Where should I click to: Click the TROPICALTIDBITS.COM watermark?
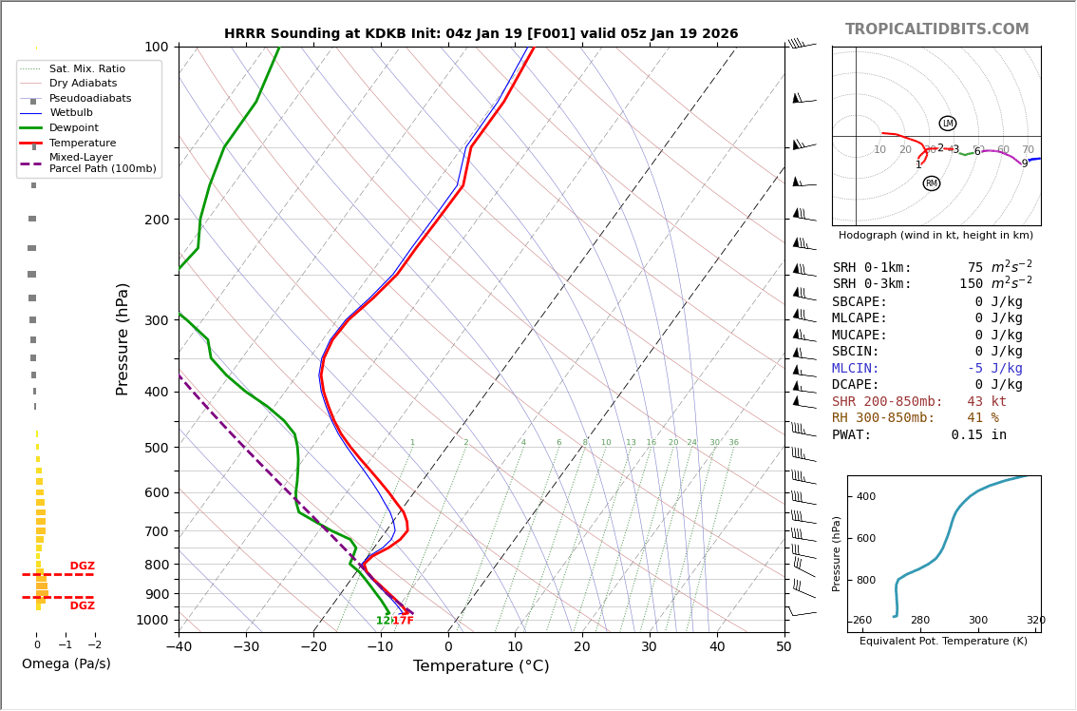(936, 29)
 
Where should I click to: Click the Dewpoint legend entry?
(73, 128)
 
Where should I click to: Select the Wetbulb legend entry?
(70, 113)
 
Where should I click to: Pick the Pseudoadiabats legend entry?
(90, 99)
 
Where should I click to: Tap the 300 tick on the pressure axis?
(156, 320)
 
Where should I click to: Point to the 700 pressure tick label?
(156, 531)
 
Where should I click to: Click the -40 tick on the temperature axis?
(179, 647)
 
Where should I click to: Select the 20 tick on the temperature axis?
(582, 647)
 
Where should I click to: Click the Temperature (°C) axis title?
(481, 666)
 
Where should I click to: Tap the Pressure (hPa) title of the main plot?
(123, 338)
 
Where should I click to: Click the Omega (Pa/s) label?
(66, 664)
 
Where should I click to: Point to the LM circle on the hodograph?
(947, 124)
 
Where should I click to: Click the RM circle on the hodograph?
(931, 183)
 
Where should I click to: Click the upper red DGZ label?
(82, 567)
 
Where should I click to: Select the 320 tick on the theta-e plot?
(1035, 621)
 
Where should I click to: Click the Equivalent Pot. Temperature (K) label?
(943, 642)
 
